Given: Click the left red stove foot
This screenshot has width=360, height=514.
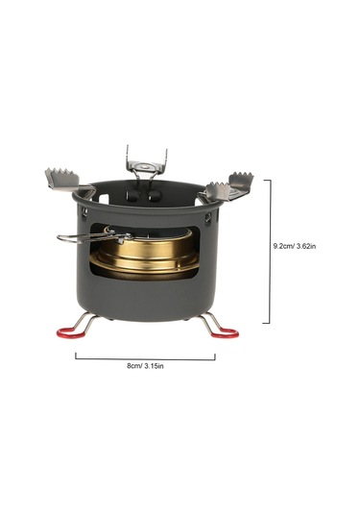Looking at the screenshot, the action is click(x=67, y=333).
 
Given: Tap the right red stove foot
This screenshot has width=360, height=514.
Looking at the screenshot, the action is click(x=226, y=333).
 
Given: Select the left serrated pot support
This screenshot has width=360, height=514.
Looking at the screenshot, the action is click(x=64, y=179).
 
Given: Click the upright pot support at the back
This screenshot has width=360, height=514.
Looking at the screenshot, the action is click(x=146, y=165).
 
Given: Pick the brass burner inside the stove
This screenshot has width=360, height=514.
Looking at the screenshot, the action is click(x=146, y=252).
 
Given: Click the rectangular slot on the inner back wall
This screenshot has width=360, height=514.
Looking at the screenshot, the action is click(x=104, y=199).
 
